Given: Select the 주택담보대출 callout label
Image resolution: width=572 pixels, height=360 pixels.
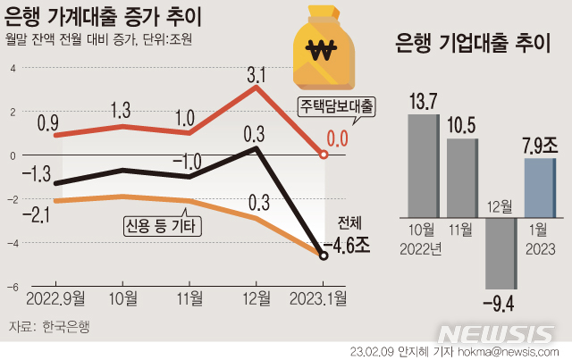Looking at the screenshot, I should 336,106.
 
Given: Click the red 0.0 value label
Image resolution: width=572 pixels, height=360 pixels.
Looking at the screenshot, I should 337,138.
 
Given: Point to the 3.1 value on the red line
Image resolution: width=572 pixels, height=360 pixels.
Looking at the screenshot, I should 257,73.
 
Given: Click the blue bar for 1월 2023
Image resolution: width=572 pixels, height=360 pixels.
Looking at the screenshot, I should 540,187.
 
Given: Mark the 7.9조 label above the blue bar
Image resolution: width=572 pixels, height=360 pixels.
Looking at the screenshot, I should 539,144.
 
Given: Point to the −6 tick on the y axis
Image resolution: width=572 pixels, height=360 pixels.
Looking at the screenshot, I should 13,287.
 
